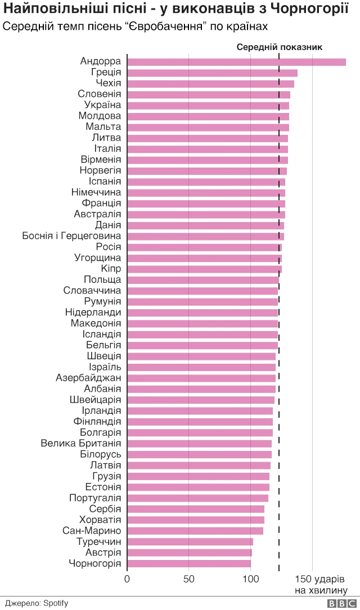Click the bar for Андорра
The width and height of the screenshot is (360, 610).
[236, 62]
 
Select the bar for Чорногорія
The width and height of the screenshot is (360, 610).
[189, 563]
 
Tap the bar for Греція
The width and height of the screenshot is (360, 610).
[212, 73]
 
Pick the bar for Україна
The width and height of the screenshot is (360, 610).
[208, 105]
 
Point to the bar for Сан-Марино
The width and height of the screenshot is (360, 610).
[195, 531]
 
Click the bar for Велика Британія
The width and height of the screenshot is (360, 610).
[199, 444]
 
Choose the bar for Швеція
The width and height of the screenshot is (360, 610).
[201, 356]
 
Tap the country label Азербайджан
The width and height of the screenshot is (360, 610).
[88, 378]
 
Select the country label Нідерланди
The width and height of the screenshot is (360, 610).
[93, 313]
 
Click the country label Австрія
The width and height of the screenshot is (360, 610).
[102, 553]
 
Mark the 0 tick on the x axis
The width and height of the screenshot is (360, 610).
[128, 579]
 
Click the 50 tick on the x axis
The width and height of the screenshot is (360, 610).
[189, 579]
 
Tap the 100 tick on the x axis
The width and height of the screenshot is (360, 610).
[251, 579]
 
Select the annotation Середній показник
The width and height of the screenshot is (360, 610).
[279, 47]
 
